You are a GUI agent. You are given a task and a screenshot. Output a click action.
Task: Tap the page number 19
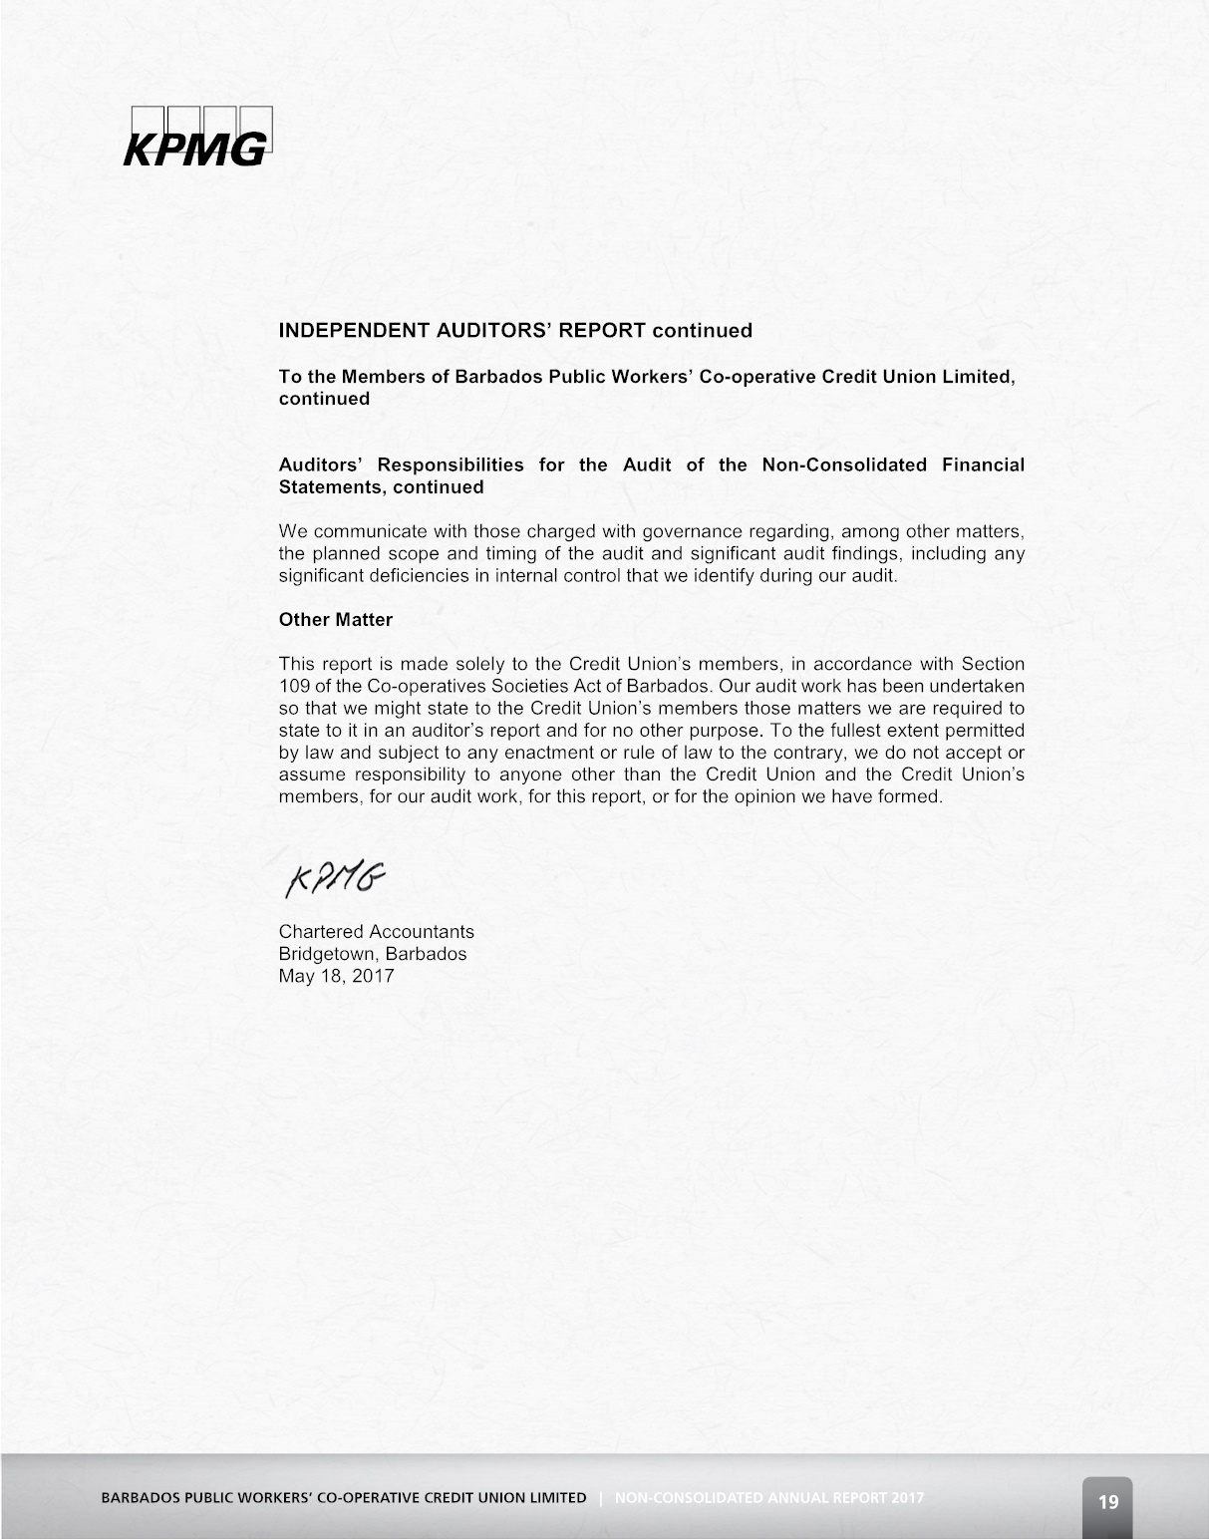point(1107,1502)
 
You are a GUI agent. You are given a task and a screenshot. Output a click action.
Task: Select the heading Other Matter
point(336,620)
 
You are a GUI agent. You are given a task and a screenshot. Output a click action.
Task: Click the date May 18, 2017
point(337,976)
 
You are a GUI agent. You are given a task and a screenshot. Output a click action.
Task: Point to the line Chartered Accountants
point(377,932)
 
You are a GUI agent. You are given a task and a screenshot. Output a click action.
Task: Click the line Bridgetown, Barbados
point(373,954)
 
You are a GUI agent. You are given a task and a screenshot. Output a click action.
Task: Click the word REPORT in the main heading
point(602,331)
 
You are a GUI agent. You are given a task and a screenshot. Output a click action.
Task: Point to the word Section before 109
point(993,664)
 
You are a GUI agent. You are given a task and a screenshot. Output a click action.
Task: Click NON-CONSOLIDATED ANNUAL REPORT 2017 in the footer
point(769,1498)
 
